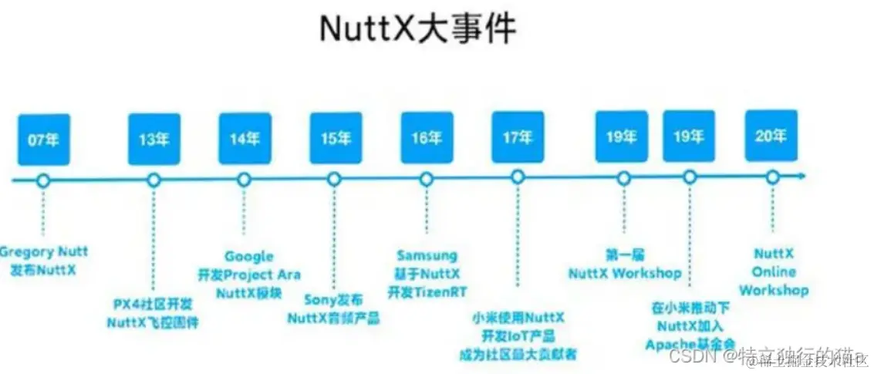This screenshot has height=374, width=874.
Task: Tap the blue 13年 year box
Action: click(x=154, y=139)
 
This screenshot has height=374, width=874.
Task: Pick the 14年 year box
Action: click(x=245, y=139)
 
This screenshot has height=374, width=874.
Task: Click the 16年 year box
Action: click(x=427, y=139)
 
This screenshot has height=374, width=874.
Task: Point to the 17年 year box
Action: click(x=518, y=139)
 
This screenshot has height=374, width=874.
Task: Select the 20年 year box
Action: click(x=771, y=137)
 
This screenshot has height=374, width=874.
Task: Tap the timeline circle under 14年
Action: click(x=244, y=180)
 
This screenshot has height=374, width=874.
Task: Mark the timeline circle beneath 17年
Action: click(x=518, y=177)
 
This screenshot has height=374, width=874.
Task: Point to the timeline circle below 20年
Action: click(x=771, y=177)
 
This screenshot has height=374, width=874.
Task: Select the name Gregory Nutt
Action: click(x=45, y=251)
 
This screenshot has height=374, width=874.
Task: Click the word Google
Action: click(x=248, y=256)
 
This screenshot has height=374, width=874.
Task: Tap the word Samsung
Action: click(x=427, y=255)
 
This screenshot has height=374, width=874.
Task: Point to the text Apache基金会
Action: click(x=690, y=343)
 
